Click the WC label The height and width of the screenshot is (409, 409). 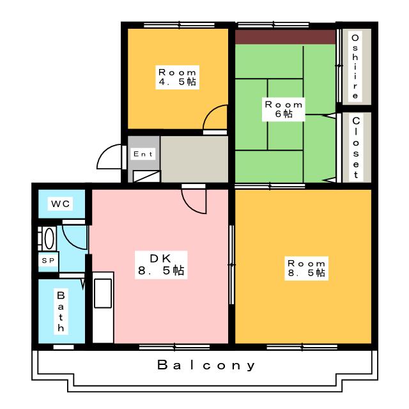61,203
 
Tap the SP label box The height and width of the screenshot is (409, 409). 49,260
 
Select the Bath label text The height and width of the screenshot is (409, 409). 61,311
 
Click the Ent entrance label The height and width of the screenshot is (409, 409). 143,154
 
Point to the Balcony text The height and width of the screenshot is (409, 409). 206,365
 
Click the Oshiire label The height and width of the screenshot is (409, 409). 355,66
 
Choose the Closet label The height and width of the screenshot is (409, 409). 356,147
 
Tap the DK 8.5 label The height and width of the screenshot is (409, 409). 161,265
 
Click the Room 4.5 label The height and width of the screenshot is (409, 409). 177,77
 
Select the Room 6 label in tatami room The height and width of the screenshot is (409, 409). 284,109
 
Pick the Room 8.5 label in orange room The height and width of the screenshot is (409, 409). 306,268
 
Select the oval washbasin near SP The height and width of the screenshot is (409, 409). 49,238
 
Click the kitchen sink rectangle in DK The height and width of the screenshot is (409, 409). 103,293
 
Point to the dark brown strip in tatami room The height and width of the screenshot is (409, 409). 286,37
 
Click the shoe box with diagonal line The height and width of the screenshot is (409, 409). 146,176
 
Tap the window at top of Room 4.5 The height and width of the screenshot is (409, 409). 179,26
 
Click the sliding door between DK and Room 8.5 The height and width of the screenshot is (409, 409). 231,265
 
